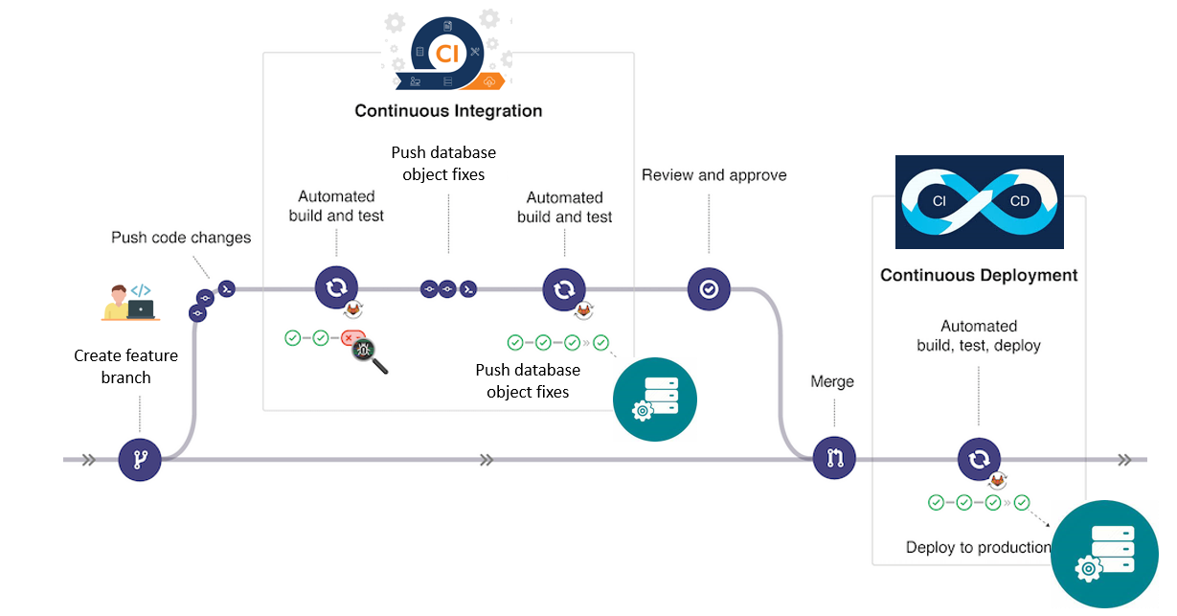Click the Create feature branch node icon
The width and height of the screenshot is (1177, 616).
click(x=140, y=460)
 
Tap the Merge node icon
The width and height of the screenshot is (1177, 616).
click(x=833, y=459)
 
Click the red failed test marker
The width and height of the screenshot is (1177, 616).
click(x=351, y=338)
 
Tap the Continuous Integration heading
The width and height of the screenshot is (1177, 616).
click(x=448, y=111)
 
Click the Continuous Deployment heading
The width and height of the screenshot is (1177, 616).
click(x=979, y=276)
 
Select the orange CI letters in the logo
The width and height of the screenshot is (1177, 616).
click(x=447, y=55)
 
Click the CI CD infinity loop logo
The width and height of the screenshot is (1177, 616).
click(x=979, y=202)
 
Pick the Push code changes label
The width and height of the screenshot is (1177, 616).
click(x=181, y=238)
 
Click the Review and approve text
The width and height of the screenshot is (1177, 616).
click(x=713, y=175)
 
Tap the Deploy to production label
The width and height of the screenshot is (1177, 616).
click(x=978, y=548)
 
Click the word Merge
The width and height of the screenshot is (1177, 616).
click(x=832, y=381)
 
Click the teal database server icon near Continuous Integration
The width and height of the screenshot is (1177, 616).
click(x=655, y=398)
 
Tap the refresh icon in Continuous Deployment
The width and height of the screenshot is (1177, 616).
click(x=979, y=459)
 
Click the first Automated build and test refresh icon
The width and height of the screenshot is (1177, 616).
click(x=336, y=287)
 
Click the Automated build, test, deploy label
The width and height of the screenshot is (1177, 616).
click(x=979, y=335)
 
